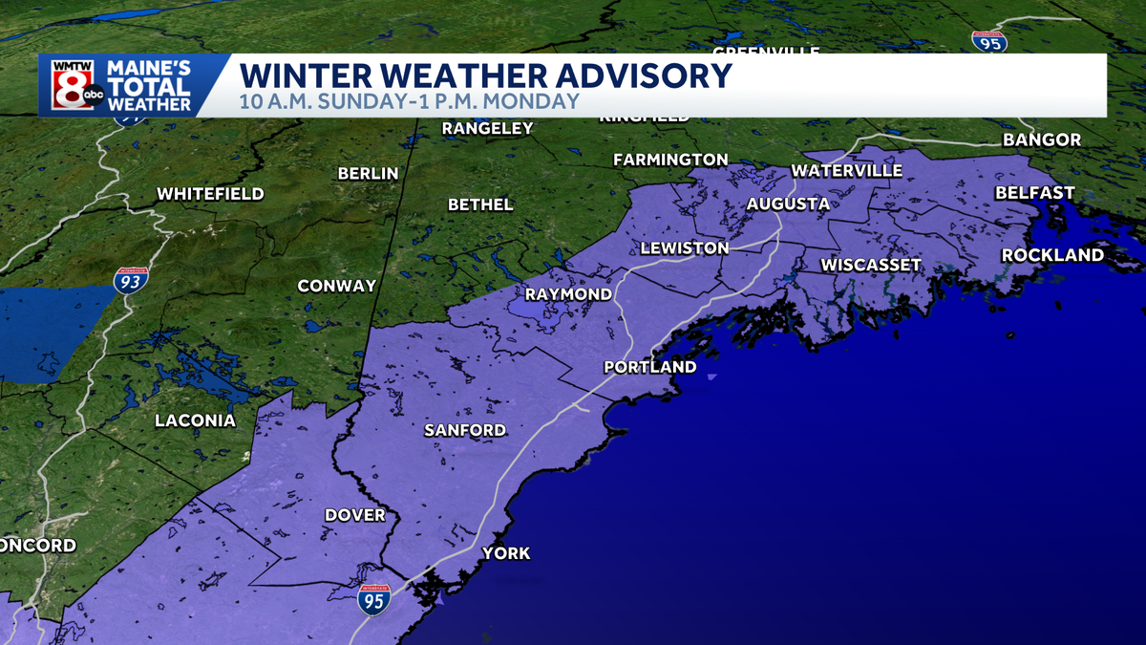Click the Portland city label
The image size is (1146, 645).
point(650,367)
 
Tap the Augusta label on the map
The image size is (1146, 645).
point(788,204)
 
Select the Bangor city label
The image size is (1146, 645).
point(1042,140)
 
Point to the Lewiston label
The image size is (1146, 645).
point(684,247)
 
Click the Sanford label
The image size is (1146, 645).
point(465,430)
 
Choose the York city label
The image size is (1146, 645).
point(506,553)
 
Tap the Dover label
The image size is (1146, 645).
point(355,514)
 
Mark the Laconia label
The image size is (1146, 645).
point(195,420)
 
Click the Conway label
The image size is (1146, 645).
point(336,286)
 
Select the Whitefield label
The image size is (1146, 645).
point(210,193)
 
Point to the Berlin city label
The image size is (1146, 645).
point(368,173)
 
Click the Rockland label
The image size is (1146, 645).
point(1052,255)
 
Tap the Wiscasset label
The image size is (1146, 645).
point(871,265)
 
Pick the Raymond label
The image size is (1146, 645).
point(567,294)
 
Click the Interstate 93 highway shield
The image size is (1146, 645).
point(131,281)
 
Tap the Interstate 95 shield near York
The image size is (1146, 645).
point(373,600)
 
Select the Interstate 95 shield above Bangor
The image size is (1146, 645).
point(988,40)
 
